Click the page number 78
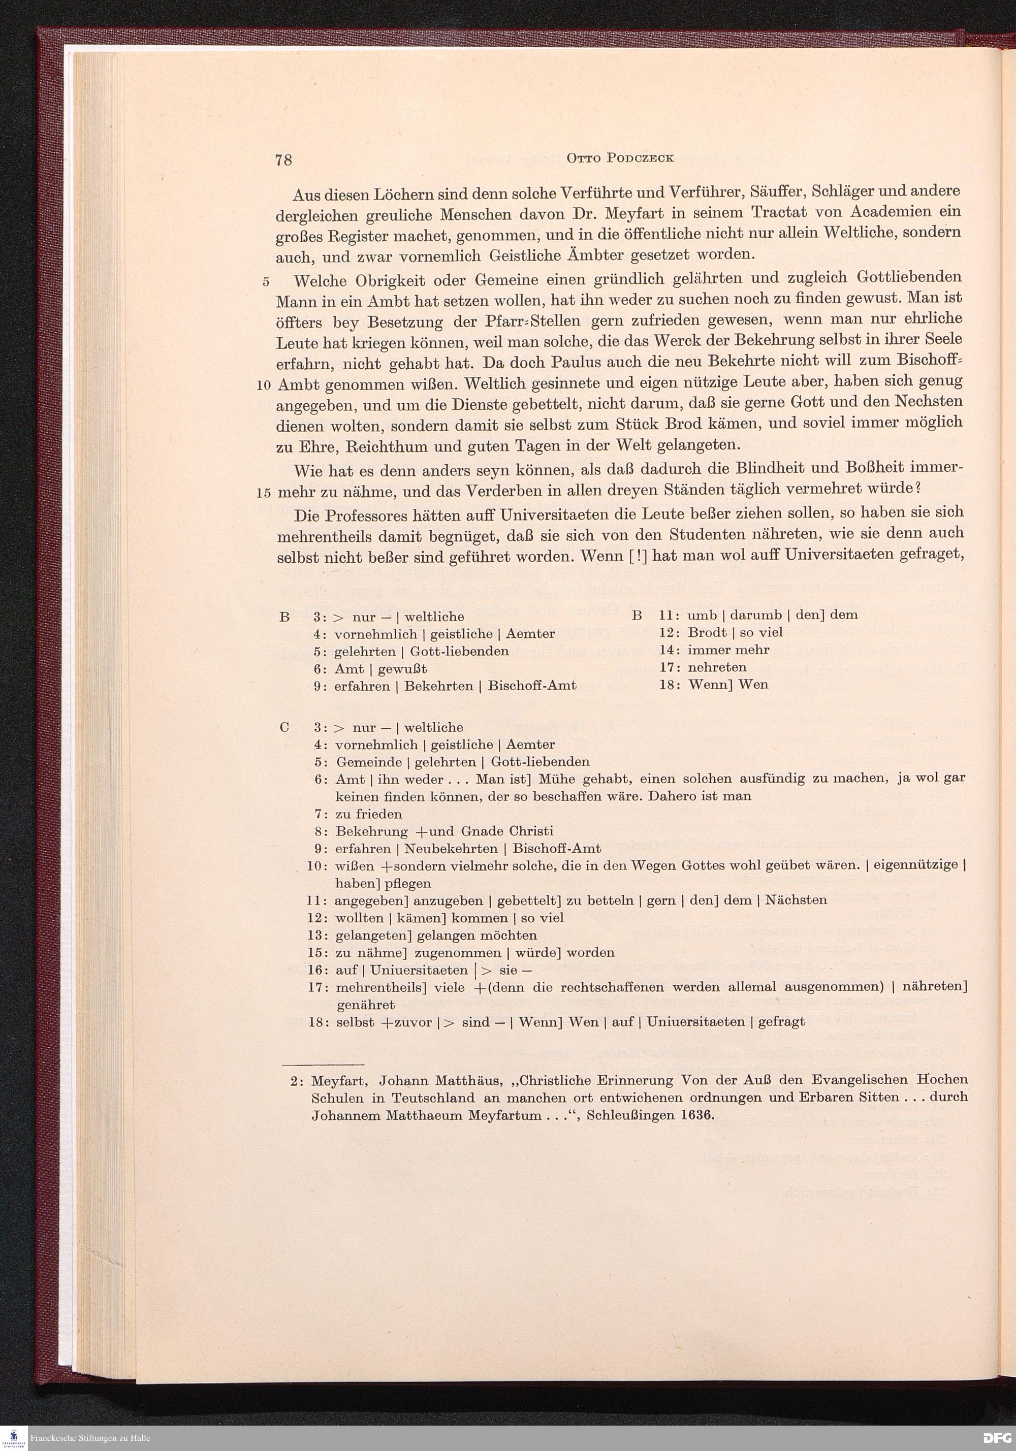click(283, 160)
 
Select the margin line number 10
click(264, 385)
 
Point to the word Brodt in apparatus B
click(708, 632)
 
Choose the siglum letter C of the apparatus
click(284, 727)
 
